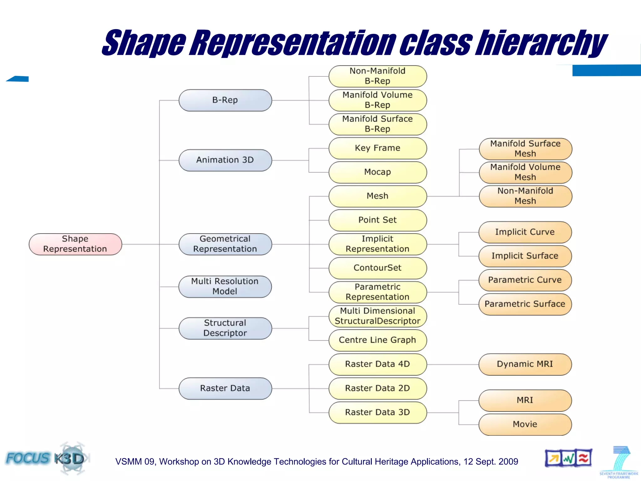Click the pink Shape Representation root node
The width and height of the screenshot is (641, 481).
point(75,244)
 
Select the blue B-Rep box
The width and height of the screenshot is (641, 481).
point(225,100)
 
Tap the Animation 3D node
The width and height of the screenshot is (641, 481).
point(225,160)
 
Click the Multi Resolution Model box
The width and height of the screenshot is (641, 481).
point(225,286)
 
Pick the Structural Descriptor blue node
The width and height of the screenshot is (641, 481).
point(225,328)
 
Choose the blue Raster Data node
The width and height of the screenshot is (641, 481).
point(225,388)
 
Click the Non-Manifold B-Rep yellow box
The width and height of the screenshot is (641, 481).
point(377,76)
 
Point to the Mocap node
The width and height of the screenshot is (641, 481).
point(377,172)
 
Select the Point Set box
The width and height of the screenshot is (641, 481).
point(377,220)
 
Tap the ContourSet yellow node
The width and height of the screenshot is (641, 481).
point(377,268)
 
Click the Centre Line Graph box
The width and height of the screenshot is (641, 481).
point(377,340)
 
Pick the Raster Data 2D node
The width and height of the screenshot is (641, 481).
point(377,388)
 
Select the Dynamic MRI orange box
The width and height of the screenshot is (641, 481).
point(525,364)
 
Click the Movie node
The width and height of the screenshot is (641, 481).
point(525,424)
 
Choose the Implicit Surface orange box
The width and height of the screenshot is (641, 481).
point(525,256)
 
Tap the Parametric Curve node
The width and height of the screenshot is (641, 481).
point(525,280)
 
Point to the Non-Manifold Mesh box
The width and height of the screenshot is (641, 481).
point(525,196)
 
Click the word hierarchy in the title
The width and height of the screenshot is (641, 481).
point(541,43)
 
